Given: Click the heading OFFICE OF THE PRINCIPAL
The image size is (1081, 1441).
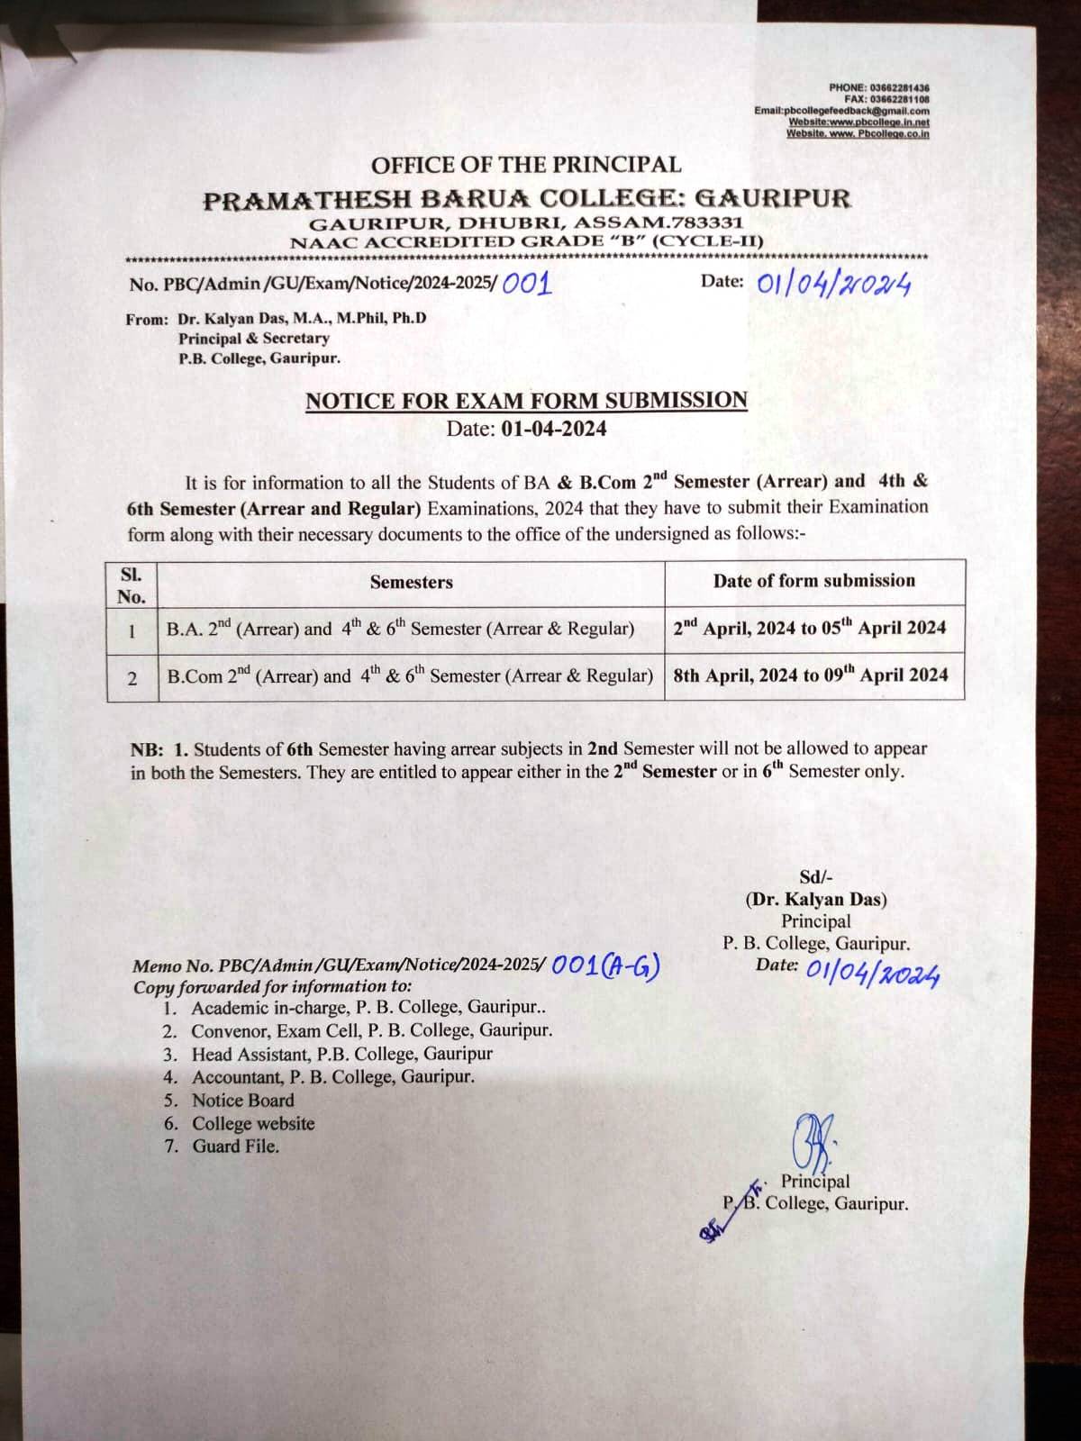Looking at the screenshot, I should [526, 165].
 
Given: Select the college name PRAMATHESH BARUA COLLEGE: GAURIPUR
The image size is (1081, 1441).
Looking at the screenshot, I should [526, 199].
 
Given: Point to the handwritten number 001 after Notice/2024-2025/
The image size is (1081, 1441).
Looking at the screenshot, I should [526, 284].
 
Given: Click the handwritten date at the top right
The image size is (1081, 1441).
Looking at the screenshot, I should [833, 285].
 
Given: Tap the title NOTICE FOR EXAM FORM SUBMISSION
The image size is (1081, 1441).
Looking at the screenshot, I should [526, 401].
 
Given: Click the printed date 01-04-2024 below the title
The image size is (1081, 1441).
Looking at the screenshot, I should [554, 428].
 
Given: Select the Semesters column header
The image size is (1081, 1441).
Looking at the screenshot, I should [412, 582].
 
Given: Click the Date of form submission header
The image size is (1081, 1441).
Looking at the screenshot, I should [814, 581].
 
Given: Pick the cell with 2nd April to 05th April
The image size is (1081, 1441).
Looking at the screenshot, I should [810, 628].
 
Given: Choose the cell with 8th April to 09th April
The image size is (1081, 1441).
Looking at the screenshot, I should [810, 675].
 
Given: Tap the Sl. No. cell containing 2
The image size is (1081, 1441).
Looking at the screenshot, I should [132, 677].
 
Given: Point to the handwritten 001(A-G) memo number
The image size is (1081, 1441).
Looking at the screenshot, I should [606, 965].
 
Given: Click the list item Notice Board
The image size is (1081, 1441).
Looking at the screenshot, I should [242, 1100].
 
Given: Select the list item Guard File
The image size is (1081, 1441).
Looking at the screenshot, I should [235, 1146].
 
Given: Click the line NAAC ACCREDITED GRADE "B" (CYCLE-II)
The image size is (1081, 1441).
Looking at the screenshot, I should [526, 241].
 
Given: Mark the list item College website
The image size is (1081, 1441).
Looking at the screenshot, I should [253, 1123].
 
